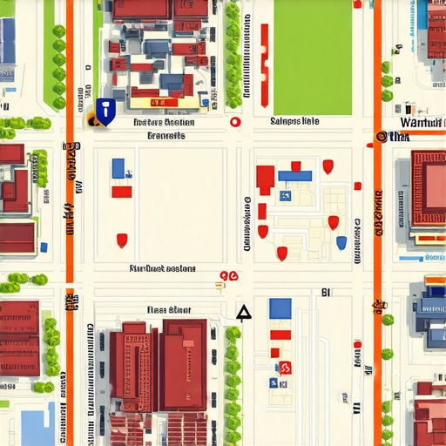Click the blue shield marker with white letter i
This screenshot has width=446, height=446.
[105, 111]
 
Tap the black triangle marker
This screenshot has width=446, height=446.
[244, 313]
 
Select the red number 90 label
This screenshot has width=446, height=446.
[228, 277]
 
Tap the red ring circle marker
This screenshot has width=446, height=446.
[233, 123]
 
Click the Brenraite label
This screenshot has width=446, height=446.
[166, 136]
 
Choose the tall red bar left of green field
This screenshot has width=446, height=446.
[264, 52]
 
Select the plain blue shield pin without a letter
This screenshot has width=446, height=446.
[341, 242]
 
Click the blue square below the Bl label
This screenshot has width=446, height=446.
[280, 307]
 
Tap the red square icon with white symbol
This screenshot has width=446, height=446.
[285, 368]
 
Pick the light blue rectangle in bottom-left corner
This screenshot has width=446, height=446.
[37, 428]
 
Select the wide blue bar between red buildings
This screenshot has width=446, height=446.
[294, 176]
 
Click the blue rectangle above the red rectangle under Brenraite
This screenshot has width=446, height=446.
[118, 167]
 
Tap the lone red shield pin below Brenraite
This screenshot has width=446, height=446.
[122, 240]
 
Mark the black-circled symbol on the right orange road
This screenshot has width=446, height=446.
[381, 137]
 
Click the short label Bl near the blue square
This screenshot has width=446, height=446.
[325, 294]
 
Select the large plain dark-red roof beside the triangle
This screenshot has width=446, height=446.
[185, 364]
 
